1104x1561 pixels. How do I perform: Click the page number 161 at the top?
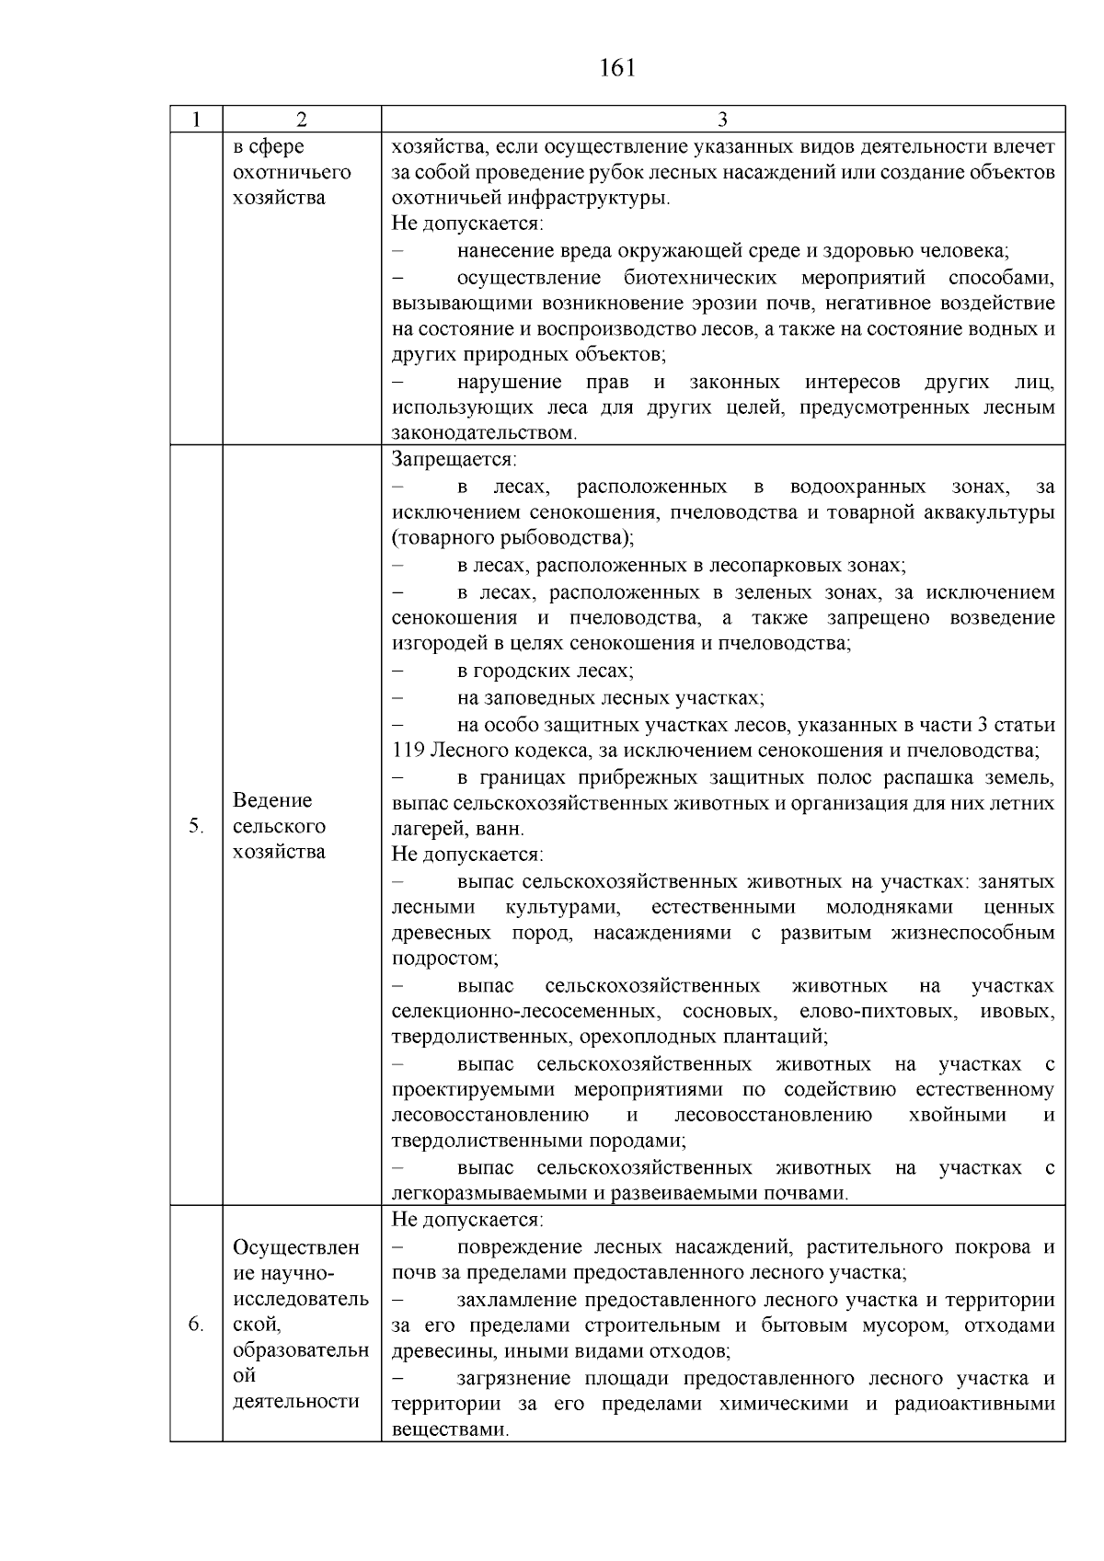[617, 68]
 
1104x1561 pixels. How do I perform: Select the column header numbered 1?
[196, 120]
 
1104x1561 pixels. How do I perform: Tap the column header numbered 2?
[302, 120]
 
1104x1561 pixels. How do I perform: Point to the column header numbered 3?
[722, 120]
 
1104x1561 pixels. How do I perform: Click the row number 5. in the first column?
[196, 826]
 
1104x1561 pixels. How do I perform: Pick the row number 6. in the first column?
[196, 1325]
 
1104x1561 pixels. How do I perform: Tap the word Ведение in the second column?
[272, 800]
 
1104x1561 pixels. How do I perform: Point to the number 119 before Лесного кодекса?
[408, 751]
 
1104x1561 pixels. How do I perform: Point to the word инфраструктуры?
[596, 198]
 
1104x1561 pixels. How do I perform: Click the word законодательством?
[484, 433]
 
